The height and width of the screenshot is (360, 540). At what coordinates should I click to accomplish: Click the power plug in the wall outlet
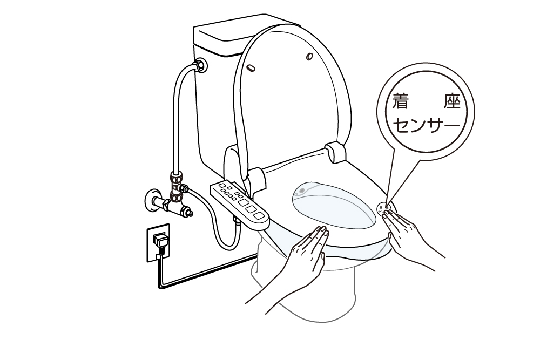160,239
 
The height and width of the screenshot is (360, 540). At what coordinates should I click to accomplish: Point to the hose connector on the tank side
200,65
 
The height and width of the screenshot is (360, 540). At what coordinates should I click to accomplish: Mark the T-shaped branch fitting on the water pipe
177,186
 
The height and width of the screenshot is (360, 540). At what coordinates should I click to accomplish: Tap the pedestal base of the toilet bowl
302,302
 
